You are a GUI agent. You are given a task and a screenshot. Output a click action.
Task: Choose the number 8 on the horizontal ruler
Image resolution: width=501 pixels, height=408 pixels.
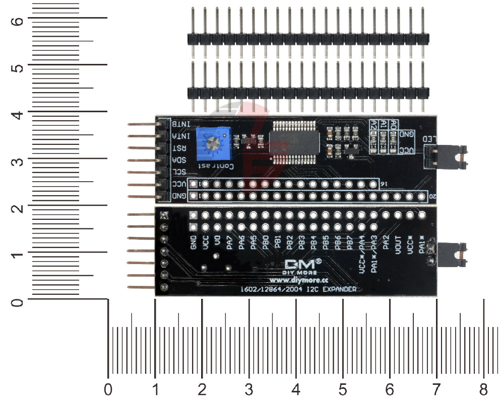pyautogui.click(x=484, y=389)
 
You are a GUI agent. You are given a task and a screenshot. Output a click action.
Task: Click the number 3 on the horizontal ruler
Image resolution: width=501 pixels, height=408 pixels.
pyautogui.click(x=249, y=389)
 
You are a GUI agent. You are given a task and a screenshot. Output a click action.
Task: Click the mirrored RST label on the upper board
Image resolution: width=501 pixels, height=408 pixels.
pyautogui.click(x=179, y=148)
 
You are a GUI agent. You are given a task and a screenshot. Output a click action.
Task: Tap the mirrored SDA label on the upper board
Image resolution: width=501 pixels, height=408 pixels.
pyautogui.click(x=179, y=160)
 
